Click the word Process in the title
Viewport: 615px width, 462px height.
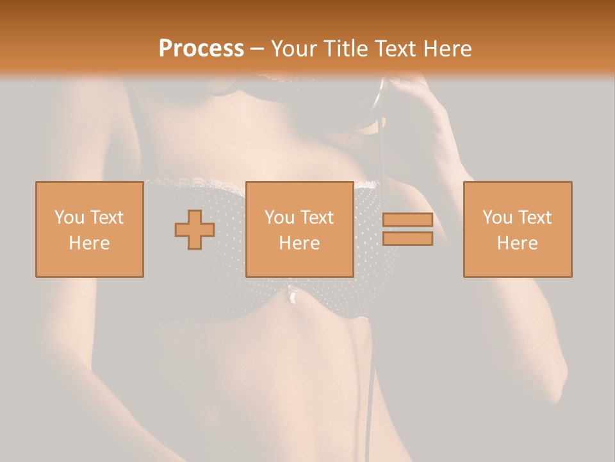click(x=201, y=49)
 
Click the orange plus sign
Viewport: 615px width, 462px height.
click(x=195, y=230)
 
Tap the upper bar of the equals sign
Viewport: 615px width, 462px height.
click(x=407, y=220)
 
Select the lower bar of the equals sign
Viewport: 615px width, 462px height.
click(x=407, y=239)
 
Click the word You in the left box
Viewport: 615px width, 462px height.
click(x=69, y=217)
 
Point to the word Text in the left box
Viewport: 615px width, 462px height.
click(x=106, y=217)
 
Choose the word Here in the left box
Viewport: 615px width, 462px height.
click(x=89, y=243)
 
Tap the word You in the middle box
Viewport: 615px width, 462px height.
click(x=279, y=217)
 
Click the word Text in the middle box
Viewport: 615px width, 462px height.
click(x=316, y=217)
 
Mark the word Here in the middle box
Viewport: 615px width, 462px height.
click(x=299, y=243)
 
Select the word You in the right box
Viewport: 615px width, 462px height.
click(x=497, y=217)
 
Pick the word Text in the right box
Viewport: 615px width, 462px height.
click(x=534, y=217)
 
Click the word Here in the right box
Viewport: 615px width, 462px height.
click(x=517, y=243)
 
